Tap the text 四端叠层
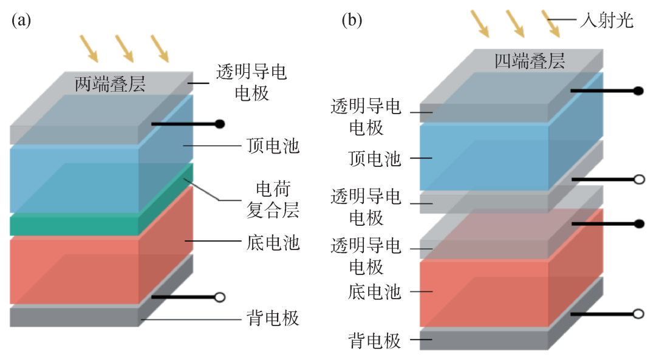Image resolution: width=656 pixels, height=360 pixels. [530, 61]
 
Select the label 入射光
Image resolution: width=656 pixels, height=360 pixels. [607, 21]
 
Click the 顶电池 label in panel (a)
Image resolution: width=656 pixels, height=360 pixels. [273, 146]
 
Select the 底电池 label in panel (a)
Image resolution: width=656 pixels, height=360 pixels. [273, 243]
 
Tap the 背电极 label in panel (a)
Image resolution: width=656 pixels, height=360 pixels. [273, 318]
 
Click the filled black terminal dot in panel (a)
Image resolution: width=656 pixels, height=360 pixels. [220, 124]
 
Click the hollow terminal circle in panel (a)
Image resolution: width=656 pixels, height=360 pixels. [220, 297]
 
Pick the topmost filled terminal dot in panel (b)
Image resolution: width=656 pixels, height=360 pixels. [638, 91]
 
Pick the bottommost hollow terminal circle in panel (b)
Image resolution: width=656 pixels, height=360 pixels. [638, 314]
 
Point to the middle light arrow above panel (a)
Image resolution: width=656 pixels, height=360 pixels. [124, 49]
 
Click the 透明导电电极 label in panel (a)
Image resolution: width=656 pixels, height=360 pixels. [251, 83]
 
